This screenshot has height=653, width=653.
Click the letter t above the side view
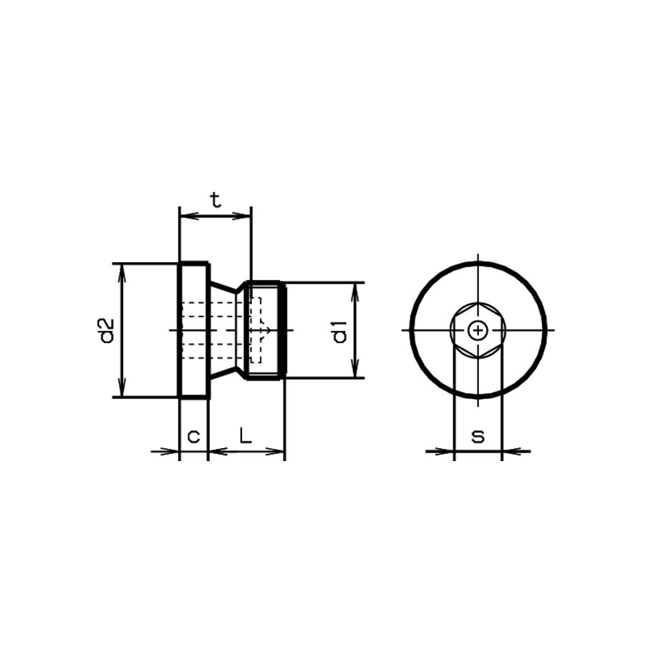click(215, 200)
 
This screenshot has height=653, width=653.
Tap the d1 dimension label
click(339, 331)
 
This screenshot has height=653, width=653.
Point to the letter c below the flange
click(193, 435)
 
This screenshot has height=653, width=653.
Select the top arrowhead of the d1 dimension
click(355, 289)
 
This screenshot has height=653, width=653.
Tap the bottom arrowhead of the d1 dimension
click(355, 372)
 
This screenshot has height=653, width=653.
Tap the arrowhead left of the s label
click(448, 451)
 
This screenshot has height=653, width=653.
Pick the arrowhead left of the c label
click(172, 451)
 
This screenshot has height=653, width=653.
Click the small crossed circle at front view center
click(478, 330)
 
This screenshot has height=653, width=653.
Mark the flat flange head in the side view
click(193, 329)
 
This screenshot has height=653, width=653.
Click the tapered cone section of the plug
click(228, 329)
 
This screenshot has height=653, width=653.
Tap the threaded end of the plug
click(266, 329)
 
